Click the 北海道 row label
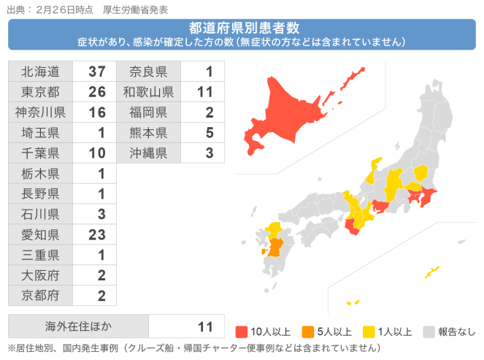coord(40,72)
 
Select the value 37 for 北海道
coord(97,72)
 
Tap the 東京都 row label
coord(40,92)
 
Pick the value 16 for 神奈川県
coord(97,112)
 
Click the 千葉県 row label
coord(40,153)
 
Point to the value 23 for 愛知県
coord(97,235)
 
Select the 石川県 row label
coord(40,215)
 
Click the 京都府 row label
coord(40,296)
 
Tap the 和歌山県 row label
coord(148,92)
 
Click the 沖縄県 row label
coord(148,153)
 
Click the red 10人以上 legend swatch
coord(242,331)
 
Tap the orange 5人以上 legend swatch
coord(307,331)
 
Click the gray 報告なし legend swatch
coord(429,331)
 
